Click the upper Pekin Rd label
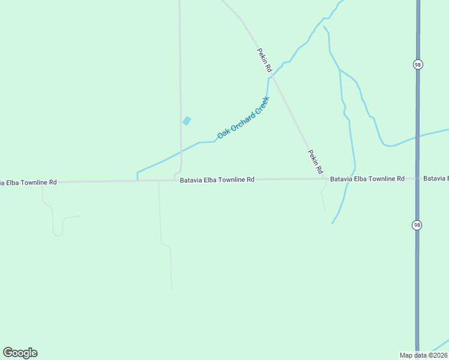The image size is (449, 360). [x=265, y=61]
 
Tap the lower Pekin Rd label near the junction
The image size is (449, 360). [x=316, y=162]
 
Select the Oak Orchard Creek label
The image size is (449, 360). [x=243, y=117]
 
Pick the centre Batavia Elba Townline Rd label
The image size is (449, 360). [x=217, y=179]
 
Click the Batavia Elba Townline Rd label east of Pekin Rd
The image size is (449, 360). [x=367, y=179]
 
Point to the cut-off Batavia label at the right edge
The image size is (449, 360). [x=436, y=178]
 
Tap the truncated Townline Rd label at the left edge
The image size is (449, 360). [x=28, y=182]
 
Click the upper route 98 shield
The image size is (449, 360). [x=417, y=65]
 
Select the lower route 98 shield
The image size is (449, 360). [x=417, y=224]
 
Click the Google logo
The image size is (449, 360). [x=20, y=353]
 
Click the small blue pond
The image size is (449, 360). [x=187, y=121]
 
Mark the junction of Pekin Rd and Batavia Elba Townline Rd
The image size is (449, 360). [x=325, y=179]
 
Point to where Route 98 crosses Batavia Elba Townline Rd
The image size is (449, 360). [x=417, y=179]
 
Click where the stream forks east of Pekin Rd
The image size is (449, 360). [x=340, y=70]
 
